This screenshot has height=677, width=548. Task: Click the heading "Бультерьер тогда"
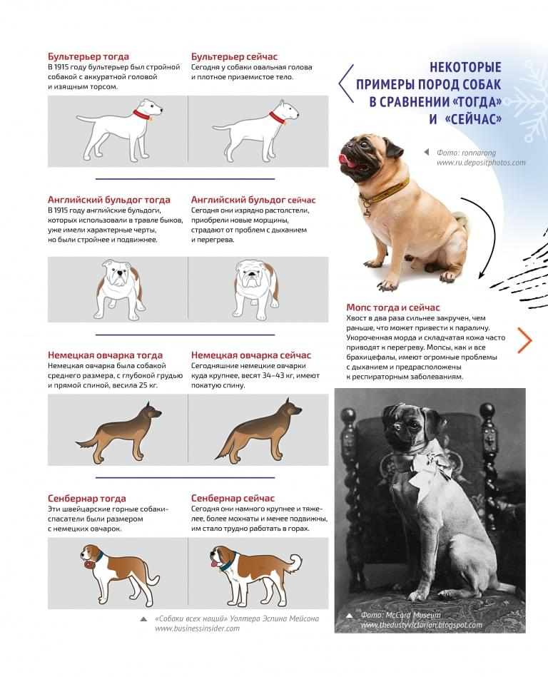88,56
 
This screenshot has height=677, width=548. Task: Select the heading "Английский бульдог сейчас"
253,200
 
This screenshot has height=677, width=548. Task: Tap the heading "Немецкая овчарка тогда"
105,355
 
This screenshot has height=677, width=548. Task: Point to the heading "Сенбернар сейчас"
233,498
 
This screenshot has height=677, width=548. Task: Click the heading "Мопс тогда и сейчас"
393,307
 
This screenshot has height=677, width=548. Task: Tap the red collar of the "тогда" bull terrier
142,113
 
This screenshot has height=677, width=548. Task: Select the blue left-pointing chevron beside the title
345,82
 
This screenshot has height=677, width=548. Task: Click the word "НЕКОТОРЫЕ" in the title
465,68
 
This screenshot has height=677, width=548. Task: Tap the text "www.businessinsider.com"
198,628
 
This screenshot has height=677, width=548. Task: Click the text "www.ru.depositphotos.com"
480,163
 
